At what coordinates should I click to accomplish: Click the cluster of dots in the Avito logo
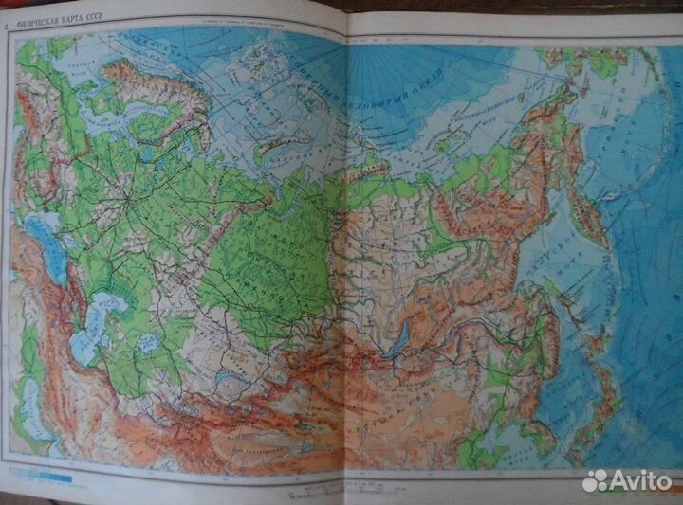point(594,480)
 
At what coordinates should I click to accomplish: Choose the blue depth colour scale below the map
point(38,469)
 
